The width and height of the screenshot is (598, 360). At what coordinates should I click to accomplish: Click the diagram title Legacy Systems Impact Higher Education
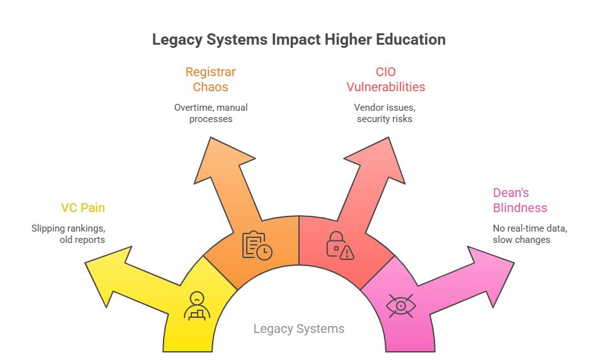[x=298, y=40]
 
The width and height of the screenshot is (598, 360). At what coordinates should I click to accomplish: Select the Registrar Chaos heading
[x=210, y=79]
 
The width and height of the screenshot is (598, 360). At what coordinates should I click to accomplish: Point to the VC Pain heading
[x=82, y=208]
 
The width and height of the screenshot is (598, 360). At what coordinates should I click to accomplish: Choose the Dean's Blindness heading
[x=520, y=200]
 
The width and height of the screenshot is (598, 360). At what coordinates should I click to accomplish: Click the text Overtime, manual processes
[x=210, y=113]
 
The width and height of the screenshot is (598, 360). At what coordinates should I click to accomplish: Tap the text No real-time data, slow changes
[x=529, y=233]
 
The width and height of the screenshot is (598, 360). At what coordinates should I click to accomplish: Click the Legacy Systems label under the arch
[x=298, y=329]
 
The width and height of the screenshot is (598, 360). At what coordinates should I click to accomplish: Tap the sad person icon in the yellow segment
[x=197, y=305]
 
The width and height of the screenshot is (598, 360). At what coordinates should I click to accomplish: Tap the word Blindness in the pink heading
[x=520, y=208]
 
